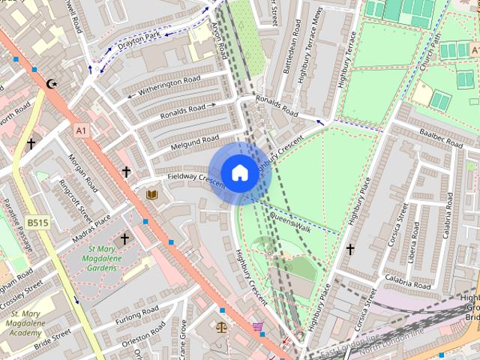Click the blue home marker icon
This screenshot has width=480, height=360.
(x=238, y=172)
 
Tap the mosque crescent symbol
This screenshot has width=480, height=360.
(x=52, y=84)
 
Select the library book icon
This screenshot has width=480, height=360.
(x=151, y=195)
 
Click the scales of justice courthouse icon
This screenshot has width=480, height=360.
(x=221, y=327)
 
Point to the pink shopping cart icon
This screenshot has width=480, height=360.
(x=258, y=327)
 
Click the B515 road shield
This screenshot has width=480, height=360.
(x=36, y=223)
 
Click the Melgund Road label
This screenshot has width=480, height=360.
(x=193, y=141)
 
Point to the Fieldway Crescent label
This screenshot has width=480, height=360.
(x=196, y=179)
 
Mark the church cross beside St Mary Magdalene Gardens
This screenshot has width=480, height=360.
(x=124, y=239)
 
